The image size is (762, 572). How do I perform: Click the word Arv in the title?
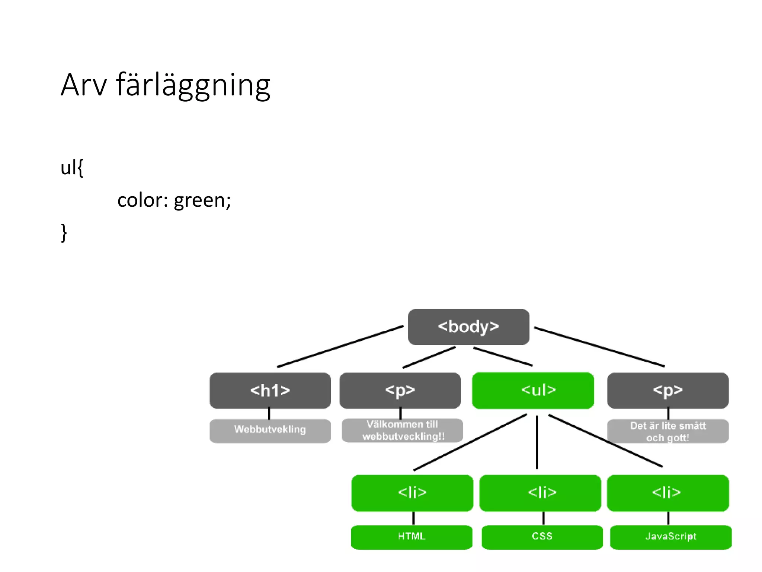pos(84,85)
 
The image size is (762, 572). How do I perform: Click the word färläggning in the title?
pos(193,85)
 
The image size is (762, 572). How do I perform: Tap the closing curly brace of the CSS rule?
pos(64,233)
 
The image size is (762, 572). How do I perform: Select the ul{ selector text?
pos(72,167)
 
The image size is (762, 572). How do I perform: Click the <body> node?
pos(468,327)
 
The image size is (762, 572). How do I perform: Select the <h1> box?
pos(270,390)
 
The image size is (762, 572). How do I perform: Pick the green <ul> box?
pos(532,390)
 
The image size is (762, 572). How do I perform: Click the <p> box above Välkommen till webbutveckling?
pos(400,390)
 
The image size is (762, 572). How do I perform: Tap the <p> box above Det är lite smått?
pos(667,390)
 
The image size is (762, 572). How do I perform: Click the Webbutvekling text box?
pos(270,430)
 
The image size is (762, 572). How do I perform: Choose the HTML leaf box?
pos(412,537)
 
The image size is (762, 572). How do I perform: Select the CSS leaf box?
pos(542,537)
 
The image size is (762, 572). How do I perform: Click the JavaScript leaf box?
pos(670,537)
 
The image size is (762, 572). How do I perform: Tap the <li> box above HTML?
pos(412,493)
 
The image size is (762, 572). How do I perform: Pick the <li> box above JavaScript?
pos(667,493)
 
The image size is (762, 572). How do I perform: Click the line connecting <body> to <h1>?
pos(340,347)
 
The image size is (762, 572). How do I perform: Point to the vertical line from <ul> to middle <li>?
pos(537,442)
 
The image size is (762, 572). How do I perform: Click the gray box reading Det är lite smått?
pos(667,431)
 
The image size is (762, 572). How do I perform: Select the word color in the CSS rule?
pos(140,200)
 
